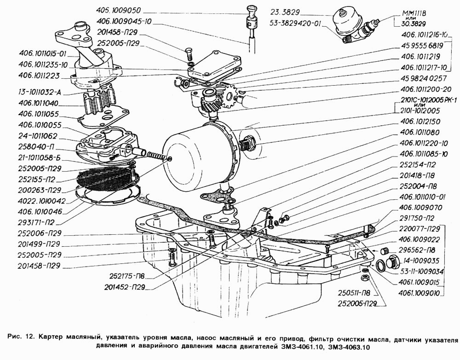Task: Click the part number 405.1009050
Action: click(119, 10)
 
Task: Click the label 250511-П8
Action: click(353, 293)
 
